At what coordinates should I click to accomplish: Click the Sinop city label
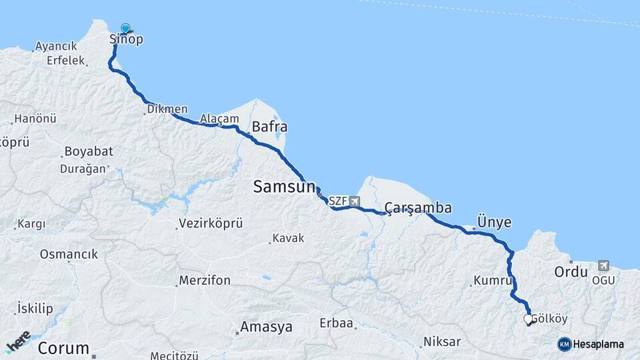[x=126, y=39]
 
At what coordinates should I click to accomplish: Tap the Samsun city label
[x=283, y=187]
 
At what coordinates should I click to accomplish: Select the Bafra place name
[x=269, y=126]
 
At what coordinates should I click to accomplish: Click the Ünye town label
[x=494, y=221]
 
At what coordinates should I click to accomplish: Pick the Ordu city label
[x=571, y=272]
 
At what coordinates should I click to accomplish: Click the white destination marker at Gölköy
[x=528, y=320]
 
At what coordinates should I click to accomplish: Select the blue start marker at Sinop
[x=125, y=29]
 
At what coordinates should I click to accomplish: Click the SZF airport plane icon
[x=354, y=201]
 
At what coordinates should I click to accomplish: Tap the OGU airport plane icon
[x=603, y=265]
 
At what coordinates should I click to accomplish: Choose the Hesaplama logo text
[x=598, y=345]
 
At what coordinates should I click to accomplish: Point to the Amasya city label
[x=266, y=327]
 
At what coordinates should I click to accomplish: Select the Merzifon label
[x=205, y=281]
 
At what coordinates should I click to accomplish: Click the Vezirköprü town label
[x=211, y=224]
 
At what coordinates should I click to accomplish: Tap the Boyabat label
[x=89, y=151]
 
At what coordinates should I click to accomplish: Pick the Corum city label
[x=63, y=347]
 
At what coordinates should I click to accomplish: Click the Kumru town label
[x=492, y=281]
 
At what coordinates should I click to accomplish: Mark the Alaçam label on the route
[x=219, y=118]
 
